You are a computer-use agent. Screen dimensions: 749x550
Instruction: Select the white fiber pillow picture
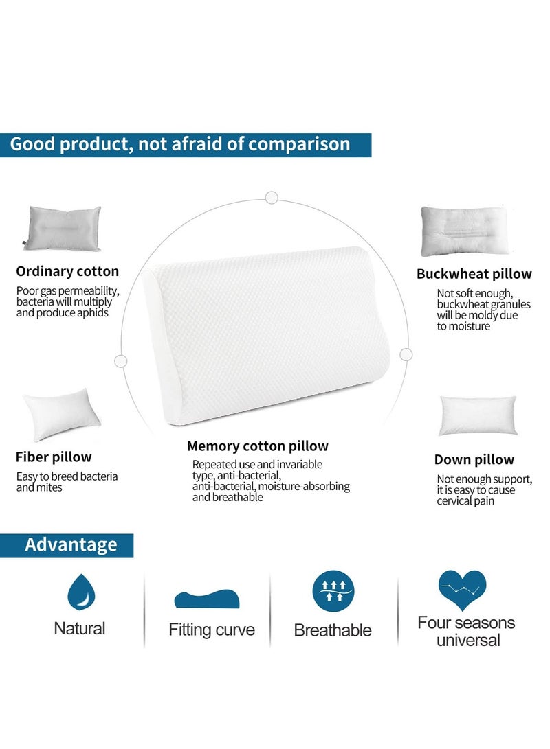pyautogui.click(x=61, y=413)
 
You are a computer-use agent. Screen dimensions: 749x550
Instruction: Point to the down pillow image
pyautogui.click(x=478, y=415)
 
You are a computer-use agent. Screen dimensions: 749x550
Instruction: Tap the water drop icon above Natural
pyautogui.click(x=80, y=592)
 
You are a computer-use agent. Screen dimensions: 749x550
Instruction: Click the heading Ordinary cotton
pyautogui.click(x=67, y=271)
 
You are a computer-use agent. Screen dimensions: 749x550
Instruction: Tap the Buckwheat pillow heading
pyautogui.click(x=474, y=274)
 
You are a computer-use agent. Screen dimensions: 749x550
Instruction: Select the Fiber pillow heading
pyautogui.click(x=54, y=457)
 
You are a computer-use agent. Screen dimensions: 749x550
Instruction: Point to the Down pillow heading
pyautogui.click(x=474, y=459)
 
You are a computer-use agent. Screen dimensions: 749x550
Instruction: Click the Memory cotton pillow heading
pyautogui.click(x=258, y=446)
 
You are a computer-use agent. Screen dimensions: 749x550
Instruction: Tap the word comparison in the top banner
pyautogui.click(x=299, y=144)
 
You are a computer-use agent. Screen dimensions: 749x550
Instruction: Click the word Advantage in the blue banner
pyautogui.click(x=71, y=545)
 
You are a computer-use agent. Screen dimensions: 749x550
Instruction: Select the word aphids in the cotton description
pyautogui.click(x=91, y=312)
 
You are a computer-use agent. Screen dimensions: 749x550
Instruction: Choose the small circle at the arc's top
pyautogui.click(x=272, y=198)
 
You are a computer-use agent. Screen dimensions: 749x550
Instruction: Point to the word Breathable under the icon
pyautogui.click(x=333, y=630)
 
